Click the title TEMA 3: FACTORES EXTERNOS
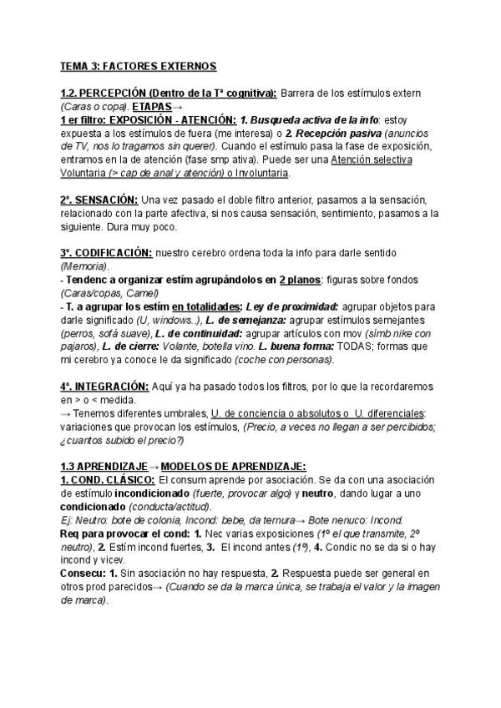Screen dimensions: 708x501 (x=138, y=65)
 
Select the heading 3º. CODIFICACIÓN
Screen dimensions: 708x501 (x=106, y=252)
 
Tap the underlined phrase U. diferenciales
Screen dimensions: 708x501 (x=387, y=413)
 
